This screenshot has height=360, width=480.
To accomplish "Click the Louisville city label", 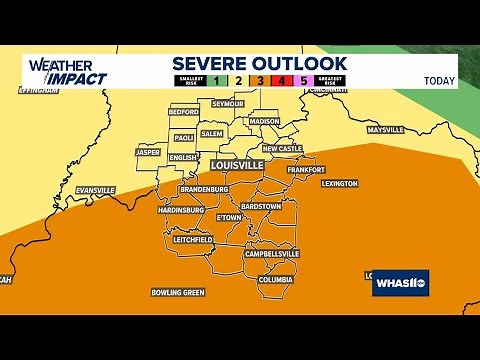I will pos(238,164).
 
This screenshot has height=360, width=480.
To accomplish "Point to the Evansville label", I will pos(95,190).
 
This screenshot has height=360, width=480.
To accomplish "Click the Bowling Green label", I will pos(177,292).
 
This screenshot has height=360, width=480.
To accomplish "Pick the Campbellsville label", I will pos(272,255).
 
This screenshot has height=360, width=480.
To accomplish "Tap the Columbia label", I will pos(275,280).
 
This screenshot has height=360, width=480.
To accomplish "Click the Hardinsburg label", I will pos(180,210).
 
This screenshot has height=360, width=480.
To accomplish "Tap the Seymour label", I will pos(228,104).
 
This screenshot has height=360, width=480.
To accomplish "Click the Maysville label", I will pos(384,130).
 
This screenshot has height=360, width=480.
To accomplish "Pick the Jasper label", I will pos(148,153).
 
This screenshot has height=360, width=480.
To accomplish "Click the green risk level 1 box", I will pos(217,81).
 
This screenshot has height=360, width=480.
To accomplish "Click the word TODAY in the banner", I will pos(439,81).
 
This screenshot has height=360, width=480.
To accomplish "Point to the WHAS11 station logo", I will pos(400,284).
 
